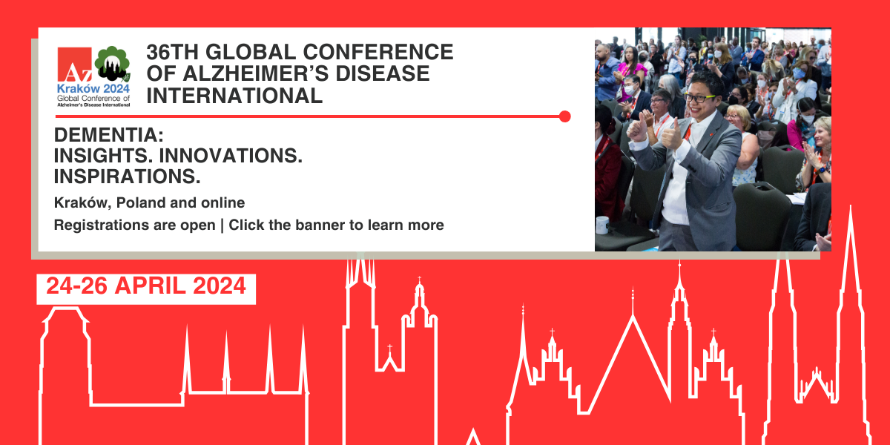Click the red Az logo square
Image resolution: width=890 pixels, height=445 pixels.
coord(75,65)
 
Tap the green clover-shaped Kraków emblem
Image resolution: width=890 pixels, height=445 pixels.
coord(112,64)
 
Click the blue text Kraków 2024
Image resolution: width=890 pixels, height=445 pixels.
coord(93,88)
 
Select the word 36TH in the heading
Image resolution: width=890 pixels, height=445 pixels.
coord(171,52)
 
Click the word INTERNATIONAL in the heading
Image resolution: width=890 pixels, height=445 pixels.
coord(234,96)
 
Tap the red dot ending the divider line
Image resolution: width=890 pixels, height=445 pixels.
coord(564,116)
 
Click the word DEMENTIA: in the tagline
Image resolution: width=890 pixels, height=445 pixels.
coord(109,135)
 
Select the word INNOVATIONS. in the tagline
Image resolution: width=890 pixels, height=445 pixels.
coord(231,155)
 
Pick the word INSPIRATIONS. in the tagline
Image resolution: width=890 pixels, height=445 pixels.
coord(127,177)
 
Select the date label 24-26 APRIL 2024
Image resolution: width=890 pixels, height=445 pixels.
coord(146,286)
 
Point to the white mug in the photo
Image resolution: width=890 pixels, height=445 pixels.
coord(602,225)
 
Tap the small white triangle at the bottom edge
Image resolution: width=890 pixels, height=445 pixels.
coord(473,437)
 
